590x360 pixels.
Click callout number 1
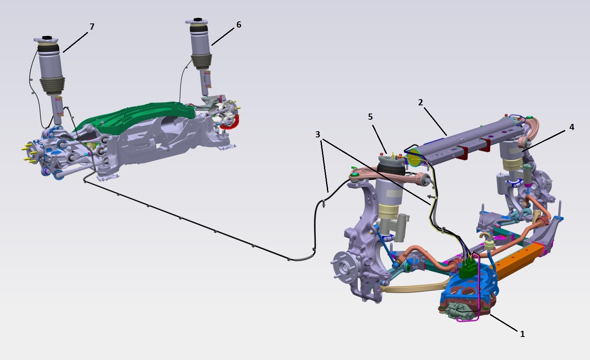[x=522, y=334]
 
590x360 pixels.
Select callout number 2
[x=420, y=102]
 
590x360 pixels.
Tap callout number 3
[x=318, y=135]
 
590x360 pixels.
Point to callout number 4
[x=571, y=127]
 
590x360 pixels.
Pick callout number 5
[x=370, y=117]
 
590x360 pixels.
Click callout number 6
[x=238, y=25]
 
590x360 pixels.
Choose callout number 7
[x=92, y=27]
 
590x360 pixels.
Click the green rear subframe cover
[x=137, y=116]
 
